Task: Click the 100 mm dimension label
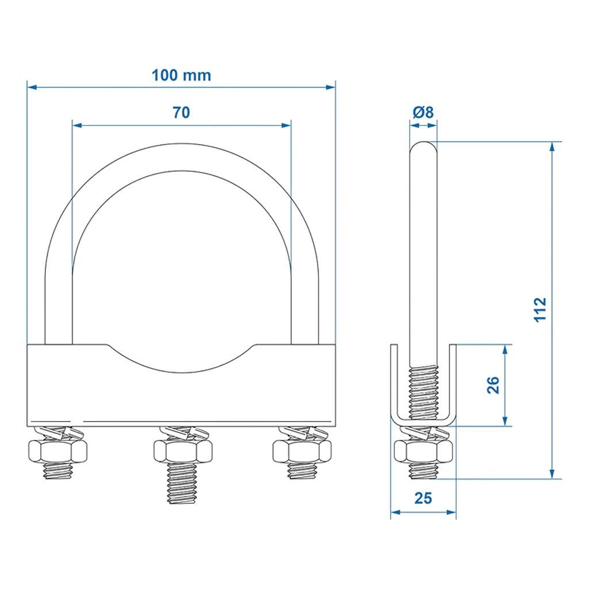[181, 75]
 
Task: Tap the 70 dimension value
[181, 112]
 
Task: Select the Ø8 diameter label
[423, 112]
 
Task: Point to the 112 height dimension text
[540, 309]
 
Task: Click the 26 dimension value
[493, 385]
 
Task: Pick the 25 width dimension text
[423, 498]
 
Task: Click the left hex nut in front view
[58, 451]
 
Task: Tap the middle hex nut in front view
[183, 451]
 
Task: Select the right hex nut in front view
[302, 451]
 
